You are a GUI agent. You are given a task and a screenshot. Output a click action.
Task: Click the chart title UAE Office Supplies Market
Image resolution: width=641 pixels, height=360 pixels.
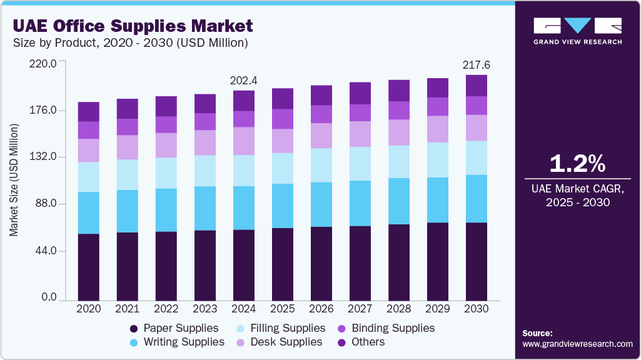pyautogui.click(x=132, y=26)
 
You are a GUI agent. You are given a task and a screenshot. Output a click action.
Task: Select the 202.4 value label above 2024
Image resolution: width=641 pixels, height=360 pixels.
pyautogui.click(x=244, y=80)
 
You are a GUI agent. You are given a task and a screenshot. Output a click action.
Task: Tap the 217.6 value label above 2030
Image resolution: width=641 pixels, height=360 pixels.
pyautogui.click(x=476, y=65)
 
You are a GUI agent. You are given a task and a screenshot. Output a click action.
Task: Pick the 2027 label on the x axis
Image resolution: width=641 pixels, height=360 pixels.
pyautogui.click(x=360, y=309)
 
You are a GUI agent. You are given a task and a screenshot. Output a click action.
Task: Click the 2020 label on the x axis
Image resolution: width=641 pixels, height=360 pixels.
pyautogui.click(x=89, y=309)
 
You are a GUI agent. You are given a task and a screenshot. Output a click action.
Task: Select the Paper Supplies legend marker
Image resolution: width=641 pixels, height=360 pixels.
pyautogui.click(x=134, y=329)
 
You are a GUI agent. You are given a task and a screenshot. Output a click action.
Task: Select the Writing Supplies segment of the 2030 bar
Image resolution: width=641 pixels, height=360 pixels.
pyautogui.click(x=477, y=199)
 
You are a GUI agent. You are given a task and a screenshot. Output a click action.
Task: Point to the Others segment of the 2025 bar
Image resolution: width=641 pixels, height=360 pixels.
pyautogui.click(x=283, y=99)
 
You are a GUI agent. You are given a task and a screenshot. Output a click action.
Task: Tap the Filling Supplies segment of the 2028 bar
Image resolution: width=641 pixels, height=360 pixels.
pyautogui.click(x=399, y=162)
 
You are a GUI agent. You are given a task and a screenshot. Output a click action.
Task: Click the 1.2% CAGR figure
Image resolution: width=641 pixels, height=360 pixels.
pyautogui.click(x=577, y=164)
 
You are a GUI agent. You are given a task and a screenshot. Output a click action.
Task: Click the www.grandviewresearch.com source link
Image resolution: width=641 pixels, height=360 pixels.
pyautogui.click(x=577, y=344)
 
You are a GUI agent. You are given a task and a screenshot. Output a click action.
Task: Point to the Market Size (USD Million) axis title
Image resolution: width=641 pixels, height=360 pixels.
pyautogui.click(x=14, y=180)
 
